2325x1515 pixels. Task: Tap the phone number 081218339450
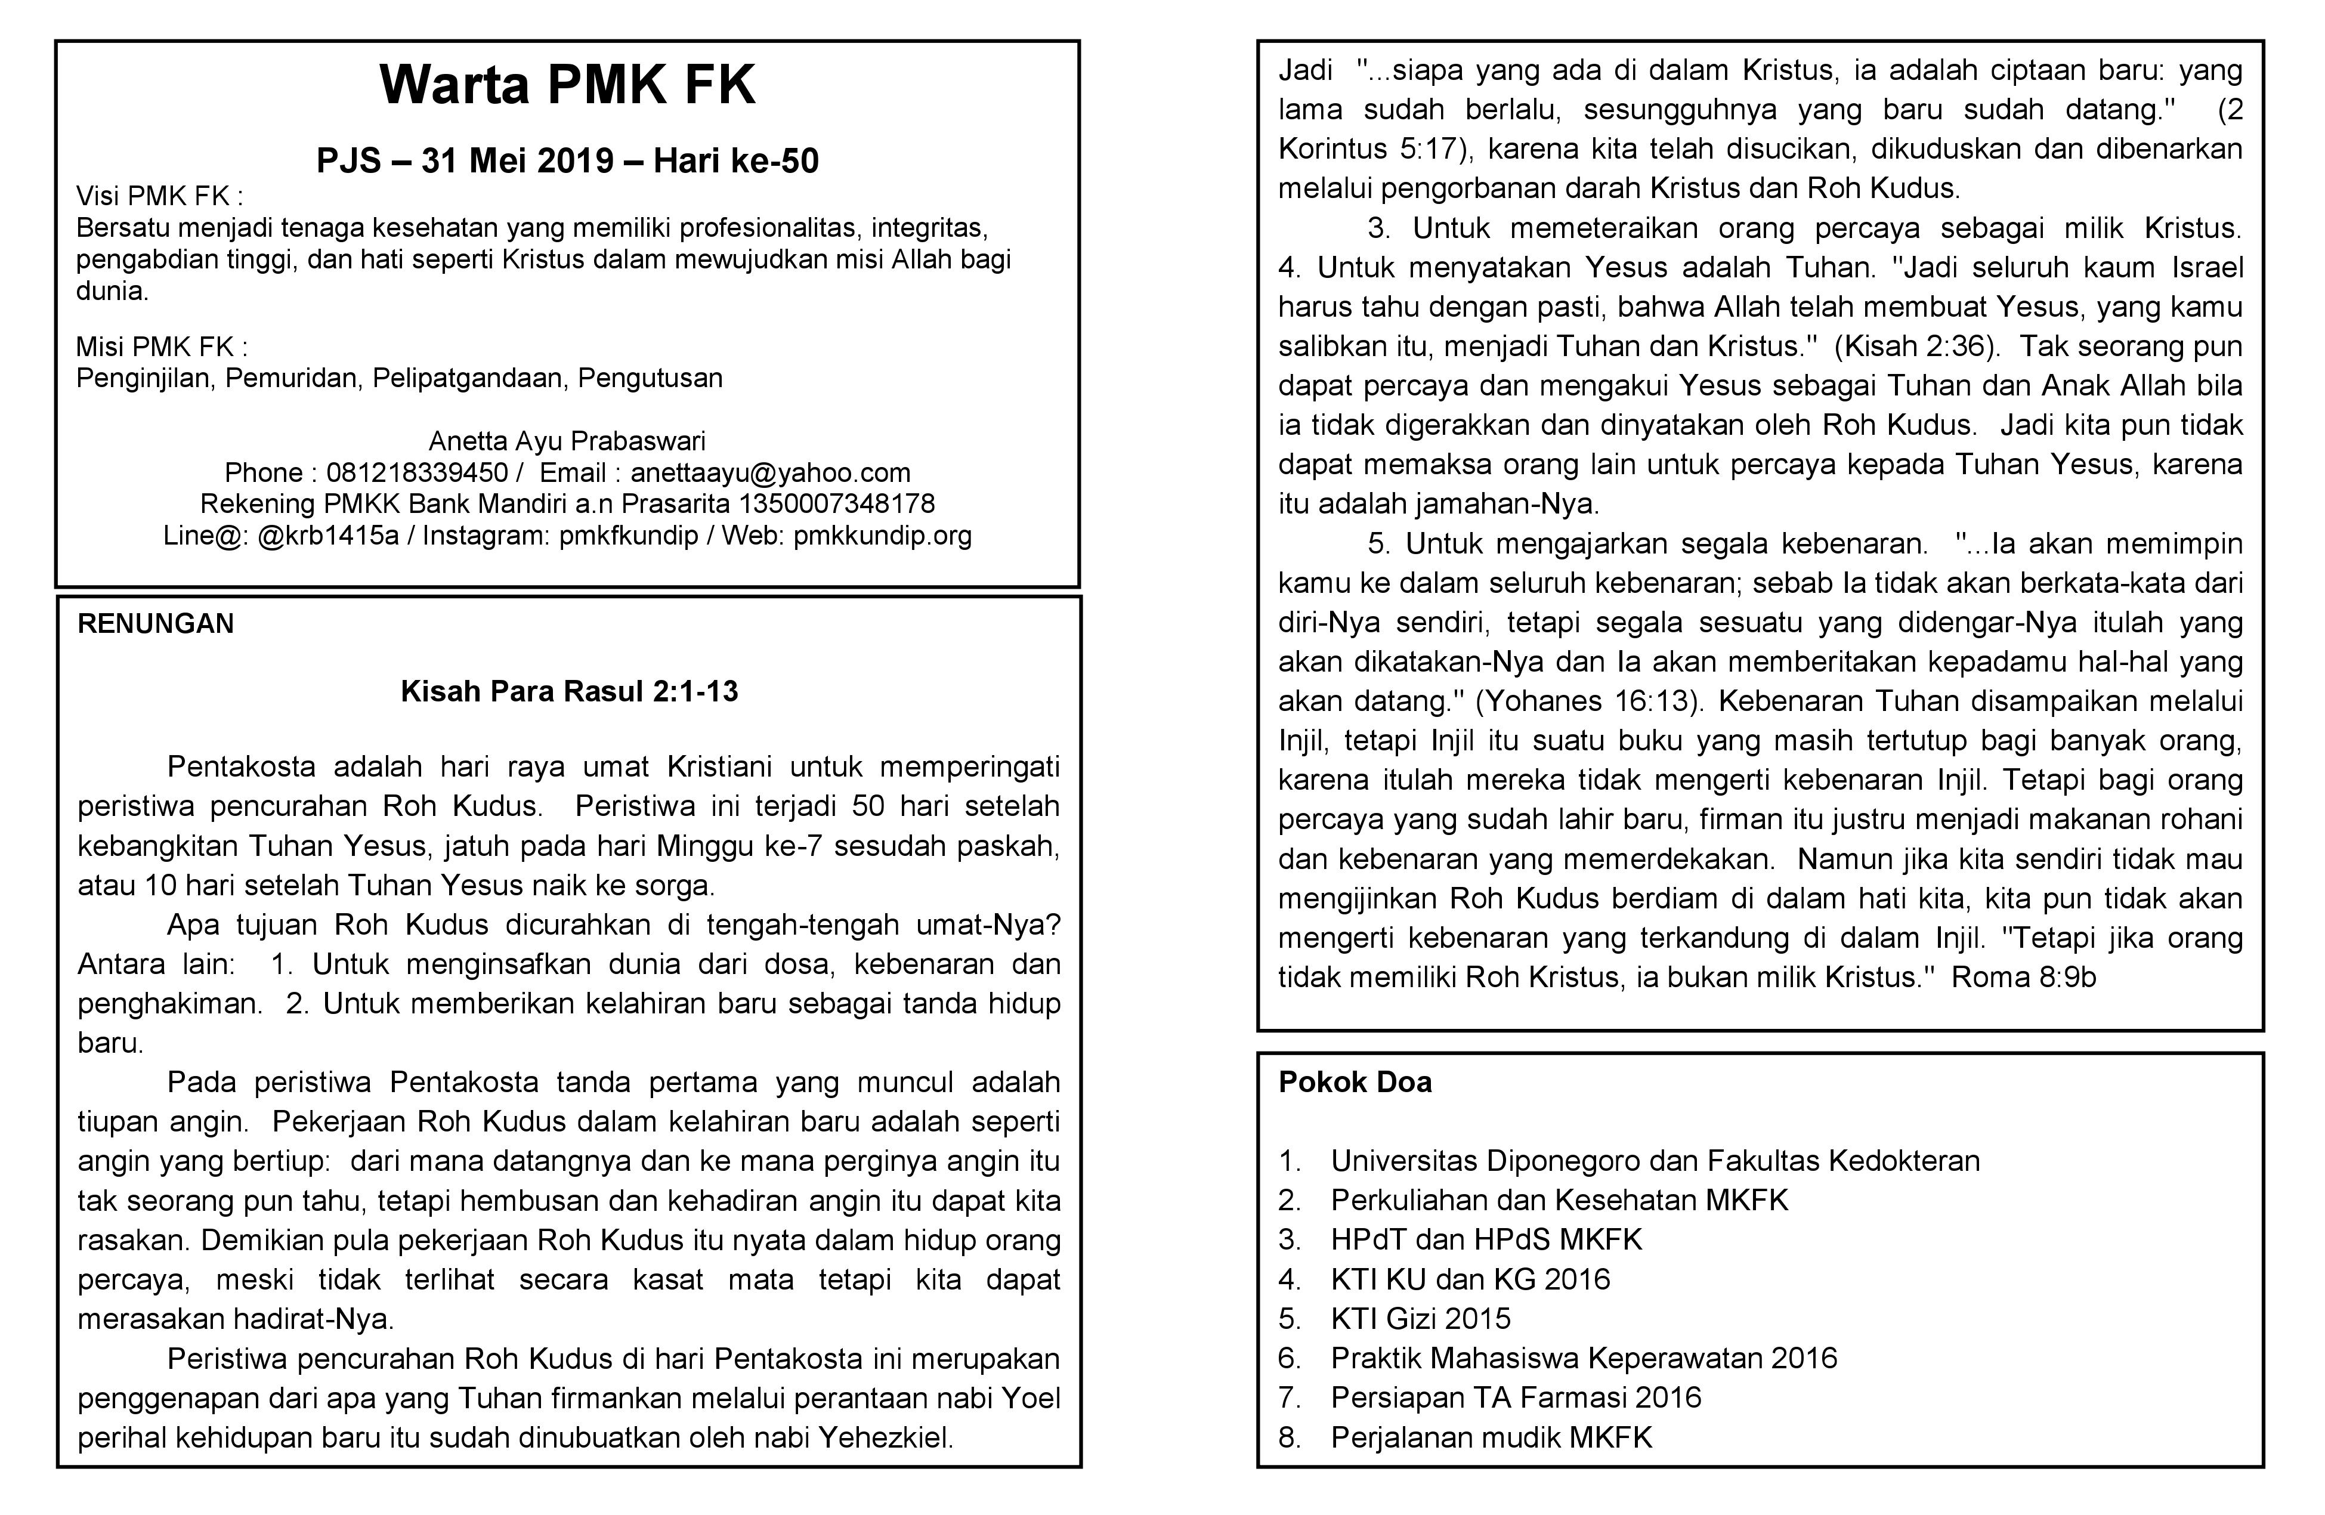(x=417, y=473)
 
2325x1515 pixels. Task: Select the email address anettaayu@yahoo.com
(x=770, y=473)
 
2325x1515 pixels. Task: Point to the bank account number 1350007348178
(x=837, y=504)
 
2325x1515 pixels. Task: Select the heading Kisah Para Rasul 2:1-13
(x=568, y=691)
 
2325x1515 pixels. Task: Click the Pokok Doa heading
(x=1355, y=1083)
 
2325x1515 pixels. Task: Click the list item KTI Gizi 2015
(x=1420, y=1319)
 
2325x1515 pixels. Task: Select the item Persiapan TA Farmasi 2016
(x=1515, y=1397)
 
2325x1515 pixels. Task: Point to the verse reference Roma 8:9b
(x=2023, y=978)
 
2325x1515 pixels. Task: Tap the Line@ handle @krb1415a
(x=328, y=535)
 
